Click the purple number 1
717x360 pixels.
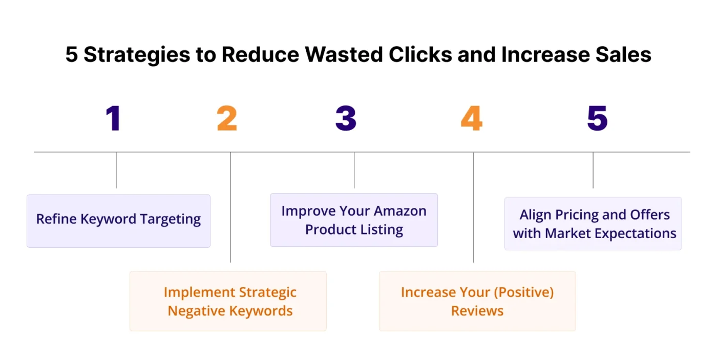114,118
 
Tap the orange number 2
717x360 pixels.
227,118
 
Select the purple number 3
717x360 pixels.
346,118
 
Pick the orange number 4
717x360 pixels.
471,118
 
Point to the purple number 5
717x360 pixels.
597,118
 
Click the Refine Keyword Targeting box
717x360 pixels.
118,221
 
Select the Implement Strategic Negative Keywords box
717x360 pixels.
228,301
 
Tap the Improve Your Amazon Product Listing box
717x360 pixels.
354,220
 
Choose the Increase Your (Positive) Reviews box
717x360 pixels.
477,301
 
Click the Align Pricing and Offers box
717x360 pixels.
593,224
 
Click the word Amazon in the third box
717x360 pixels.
400,211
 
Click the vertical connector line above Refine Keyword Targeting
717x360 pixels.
116,170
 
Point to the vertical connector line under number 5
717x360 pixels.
593,170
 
